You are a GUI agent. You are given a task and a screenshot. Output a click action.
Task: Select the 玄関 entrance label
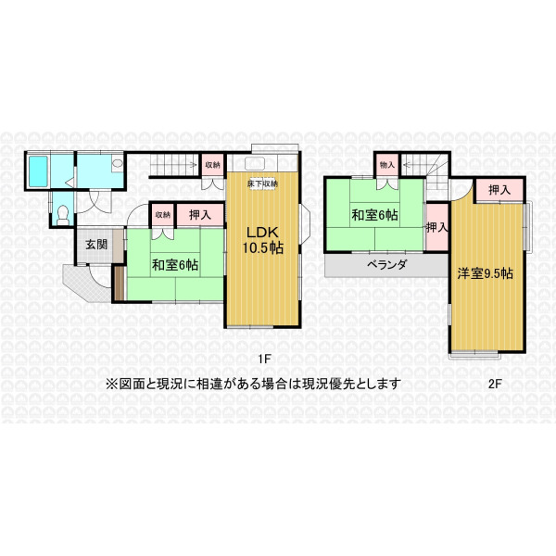[96, 245]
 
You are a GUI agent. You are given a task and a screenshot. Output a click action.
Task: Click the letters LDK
[262, 233]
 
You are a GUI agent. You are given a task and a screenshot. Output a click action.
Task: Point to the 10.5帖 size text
[263, 247]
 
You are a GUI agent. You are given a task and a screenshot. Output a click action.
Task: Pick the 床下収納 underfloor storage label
[262, 183]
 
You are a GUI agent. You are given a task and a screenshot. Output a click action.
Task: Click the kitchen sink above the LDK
[254, 163]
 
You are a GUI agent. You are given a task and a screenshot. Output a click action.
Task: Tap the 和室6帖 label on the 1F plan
[175, 265]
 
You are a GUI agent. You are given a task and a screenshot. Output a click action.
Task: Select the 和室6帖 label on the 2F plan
[374, 215]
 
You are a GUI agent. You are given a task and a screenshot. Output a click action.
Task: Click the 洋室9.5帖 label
[485, 273]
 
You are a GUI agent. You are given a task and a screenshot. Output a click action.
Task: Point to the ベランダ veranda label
[386, 264]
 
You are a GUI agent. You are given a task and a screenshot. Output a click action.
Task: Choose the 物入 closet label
[386, 165]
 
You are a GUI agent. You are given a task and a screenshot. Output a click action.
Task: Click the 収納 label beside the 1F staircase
[213, 165]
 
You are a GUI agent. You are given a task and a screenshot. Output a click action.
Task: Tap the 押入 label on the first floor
[200, 215]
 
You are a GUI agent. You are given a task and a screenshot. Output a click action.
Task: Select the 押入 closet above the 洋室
[499, 190]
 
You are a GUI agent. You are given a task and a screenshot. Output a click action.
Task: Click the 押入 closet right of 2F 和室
[436, 227]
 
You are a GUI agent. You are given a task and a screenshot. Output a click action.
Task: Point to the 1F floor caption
[264, 360]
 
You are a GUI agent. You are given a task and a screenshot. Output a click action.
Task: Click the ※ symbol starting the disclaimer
[111, 384]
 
